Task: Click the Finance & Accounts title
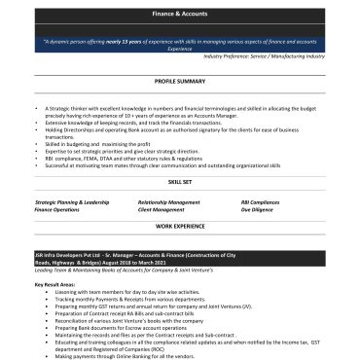coord(179,16)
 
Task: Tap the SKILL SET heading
coord(179,182)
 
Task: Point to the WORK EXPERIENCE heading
coord(179,225)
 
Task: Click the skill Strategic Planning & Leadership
coord(72,202)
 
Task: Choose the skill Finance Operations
coord(57,209)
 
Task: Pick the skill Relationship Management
coord(169,202)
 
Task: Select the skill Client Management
coord(162,209)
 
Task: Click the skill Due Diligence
coord(258,209)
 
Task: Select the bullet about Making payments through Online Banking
coord(127,356)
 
